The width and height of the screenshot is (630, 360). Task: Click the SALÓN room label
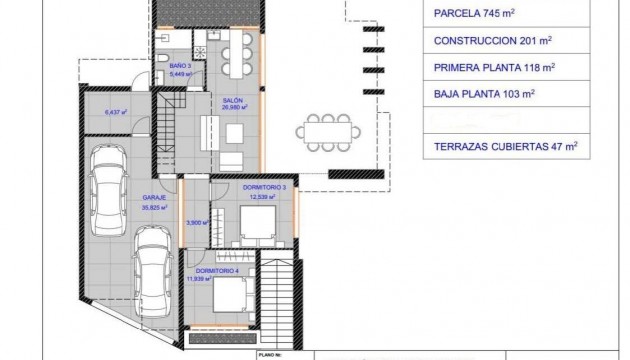coord(232,102)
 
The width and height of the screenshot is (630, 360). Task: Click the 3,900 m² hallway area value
coord(198,222)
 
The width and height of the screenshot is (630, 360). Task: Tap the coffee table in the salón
coord(206,128)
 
